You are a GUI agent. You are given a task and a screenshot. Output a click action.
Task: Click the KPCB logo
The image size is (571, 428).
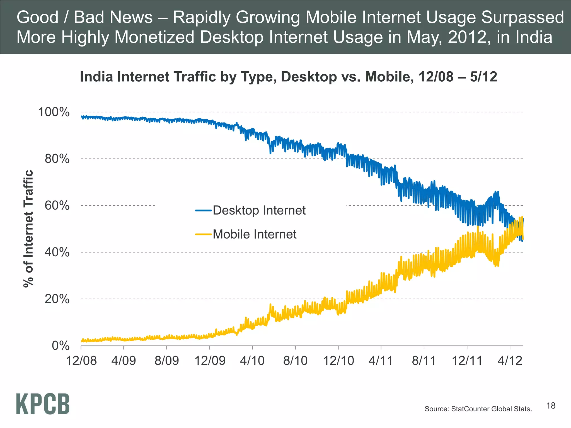pyautogui.click(x=43, y=404)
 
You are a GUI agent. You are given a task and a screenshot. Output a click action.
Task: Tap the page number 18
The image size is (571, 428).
pyautogui.click(x=551, y=406)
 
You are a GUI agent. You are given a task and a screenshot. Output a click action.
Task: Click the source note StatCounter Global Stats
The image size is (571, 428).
pyautogui.click(x=478, y=409)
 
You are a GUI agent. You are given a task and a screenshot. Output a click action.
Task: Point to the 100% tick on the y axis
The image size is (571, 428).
pyautogui.click(x=54, y=112)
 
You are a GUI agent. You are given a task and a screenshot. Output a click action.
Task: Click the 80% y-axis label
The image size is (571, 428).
pyautogui.click(x=57, y=159)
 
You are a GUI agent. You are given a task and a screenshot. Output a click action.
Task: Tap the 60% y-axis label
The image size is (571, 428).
pyautogui.click(x=57, y=206)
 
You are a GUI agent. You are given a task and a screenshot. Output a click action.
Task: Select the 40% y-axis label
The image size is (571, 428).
pyautogui.click(x=57, y=252)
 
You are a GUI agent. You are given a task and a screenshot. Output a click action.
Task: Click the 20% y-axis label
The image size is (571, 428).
pyautogui.click(x=57, y=299)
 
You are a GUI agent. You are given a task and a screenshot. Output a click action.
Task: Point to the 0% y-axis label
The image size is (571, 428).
pyautogui.click(x=61, y=346)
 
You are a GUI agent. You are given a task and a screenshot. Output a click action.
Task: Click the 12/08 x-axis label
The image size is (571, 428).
pyautogui.click(x=81, y=361)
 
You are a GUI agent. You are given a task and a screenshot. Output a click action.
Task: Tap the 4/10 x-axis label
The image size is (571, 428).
pyautogui.click(x=252, y=361)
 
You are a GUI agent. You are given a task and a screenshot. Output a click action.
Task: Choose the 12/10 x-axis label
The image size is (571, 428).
pyautogui.click(x=338, y=361)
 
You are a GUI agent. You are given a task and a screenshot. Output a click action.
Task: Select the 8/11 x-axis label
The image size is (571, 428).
pyautogui.click(x=424, y=361)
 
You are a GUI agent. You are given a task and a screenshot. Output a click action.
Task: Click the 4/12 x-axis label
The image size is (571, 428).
pyautogui.click(x=510, y=361)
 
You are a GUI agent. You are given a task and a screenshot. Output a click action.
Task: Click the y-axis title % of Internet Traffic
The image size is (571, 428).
pyautogui.click(x=28, y=228)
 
